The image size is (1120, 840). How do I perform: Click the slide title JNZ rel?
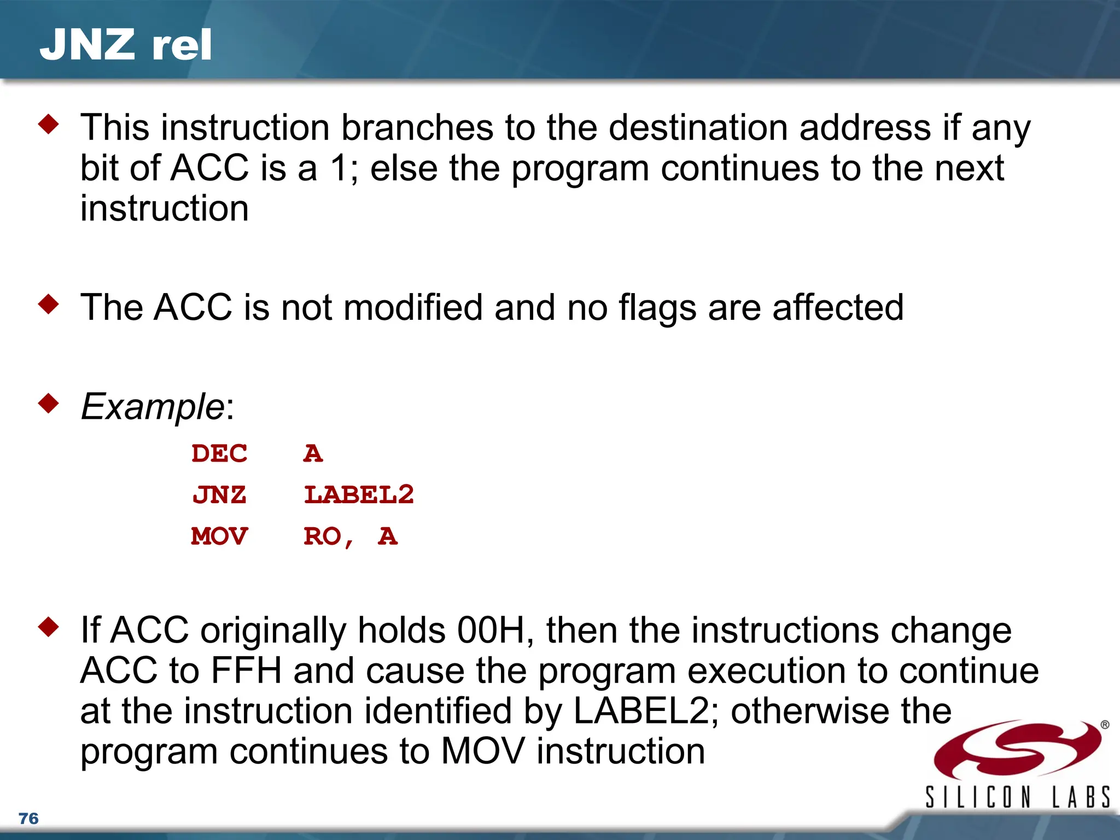(x=125, y=45)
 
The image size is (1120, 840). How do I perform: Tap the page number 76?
(x=28, y=819)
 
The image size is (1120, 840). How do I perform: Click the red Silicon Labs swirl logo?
(x=1017, y=749)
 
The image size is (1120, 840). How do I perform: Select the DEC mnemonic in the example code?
(x=219, y=453)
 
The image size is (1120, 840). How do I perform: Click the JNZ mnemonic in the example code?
(x=219, y=495)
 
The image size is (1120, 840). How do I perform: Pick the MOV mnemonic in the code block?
(x=219, y=536)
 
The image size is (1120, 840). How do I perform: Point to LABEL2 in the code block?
(x=359, y=495)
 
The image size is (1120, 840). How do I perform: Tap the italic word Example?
(x=153, y=407)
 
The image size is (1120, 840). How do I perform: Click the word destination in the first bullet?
(x=698, y=128)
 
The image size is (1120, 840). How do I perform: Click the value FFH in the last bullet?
(x=246, y=671)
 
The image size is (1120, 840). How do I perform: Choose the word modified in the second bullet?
(x=413, y=307)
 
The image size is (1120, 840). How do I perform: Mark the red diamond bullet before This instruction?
(x=49, y=124)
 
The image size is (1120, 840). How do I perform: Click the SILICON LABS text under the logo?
(x=1018, y=797)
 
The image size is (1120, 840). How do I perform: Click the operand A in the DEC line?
(x=313, y=453)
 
